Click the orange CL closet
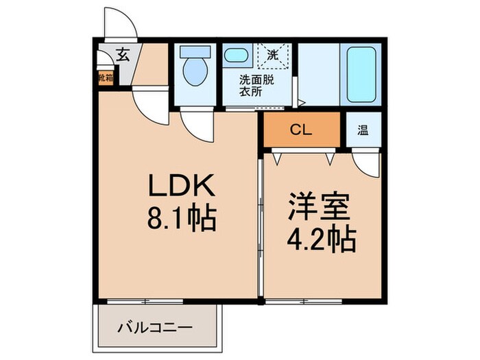click(x=302, y=130)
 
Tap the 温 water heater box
click(x=361, y=130)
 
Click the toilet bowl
click(x=195, y=73)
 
